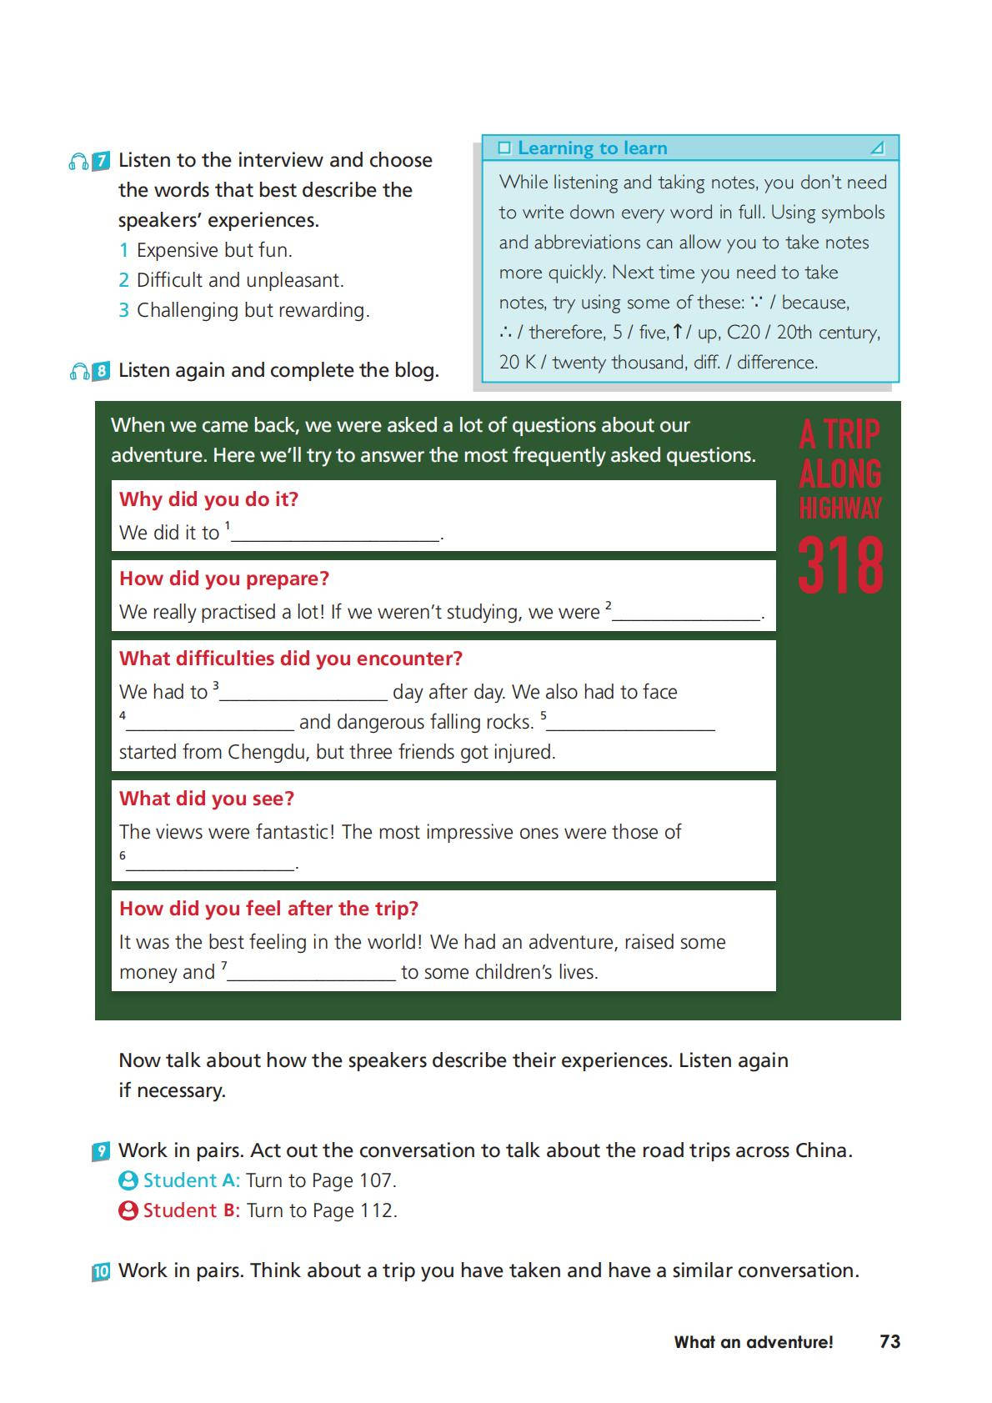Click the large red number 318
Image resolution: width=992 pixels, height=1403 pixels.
tap(840, 566)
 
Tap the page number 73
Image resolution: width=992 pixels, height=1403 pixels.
tap(889, 1341)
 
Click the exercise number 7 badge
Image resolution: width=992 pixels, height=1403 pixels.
tap(101, 161)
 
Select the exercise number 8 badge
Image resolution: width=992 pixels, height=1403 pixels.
tap(101, 371)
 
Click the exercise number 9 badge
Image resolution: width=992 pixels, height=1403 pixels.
tap(101, 1152)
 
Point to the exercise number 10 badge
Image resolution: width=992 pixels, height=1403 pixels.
tap(101, 1272)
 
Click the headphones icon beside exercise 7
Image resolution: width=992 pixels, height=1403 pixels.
tap(78, 162)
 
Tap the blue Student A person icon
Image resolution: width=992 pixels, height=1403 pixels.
tap(128, 1180)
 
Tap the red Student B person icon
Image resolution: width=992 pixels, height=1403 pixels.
tap(128, 1210)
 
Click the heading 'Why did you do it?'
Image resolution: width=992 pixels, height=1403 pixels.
tap(208, 499)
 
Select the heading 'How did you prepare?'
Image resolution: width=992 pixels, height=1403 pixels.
tap(224, 579)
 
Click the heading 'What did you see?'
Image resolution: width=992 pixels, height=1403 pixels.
tap(207, 799)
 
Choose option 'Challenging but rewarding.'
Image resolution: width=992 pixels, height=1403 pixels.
tap(253, 310)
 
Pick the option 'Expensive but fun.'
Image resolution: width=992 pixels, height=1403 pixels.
tap(214, 250)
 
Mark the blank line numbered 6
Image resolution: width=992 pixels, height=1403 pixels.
tap(211, 864)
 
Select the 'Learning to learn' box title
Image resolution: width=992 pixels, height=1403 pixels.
tap(592, 148)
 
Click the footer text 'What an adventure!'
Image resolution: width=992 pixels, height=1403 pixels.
tap(754, 1342)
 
